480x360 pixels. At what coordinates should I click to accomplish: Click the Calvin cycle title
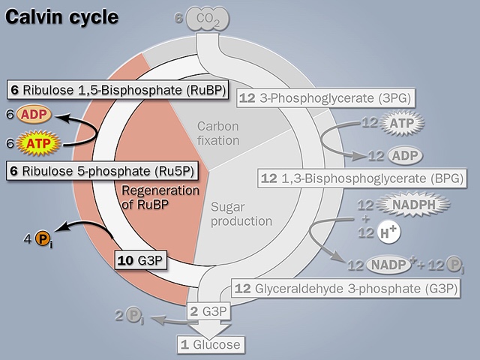tap(61, 16)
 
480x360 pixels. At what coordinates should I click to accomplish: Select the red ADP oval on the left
tap(34, 115)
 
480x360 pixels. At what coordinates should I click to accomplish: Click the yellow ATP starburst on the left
tap(35, 141)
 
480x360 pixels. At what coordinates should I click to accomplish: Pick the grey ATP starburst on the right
tap(402, 121)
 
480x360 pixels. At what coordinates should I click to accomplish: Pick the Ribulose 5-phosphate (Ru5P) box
tap(103, 171)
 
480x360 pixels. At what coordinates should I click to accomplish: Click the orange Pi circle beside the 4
tap(44, 240)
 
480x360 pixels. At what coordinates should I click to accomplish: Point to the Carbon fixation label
tap(218, 133)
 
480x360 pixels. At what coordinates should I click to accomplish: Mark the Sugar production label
tap(241, 213)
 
